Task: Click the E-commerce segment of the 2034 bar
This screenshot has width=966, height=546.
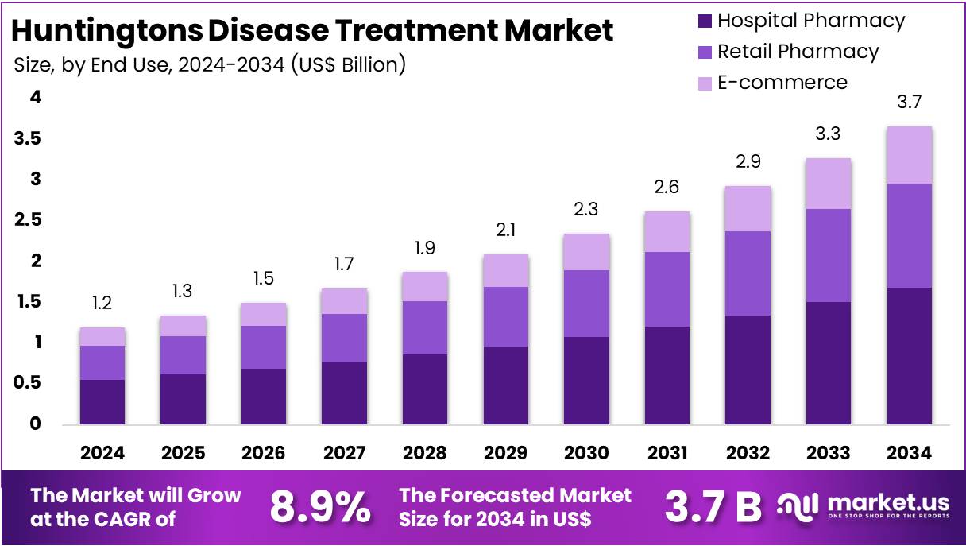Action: click(x=909, y=155)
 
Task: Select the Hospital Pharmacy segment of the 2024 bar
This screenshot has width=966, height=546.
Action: click(x=102, y=401)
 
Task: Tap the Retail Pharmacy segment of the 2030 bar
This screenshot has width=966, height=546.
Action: click(x=586, y=304)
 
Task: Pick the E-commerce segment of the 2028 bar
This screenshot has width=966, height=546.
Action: click(x=424, y=286)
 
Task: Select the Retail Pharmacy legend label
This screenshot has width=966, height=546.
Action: click(x=798, y=52)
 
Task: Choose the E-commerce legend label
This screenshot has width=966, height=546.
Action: click(x=782, y=82)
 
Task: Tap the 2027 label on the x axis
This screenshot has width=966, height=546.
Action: click(x=344, y=453)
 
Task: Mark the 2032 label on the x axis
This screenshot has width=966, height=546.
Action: click(x=748, y=453)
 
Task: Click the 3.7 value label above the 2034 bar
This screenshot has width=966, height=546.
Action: click(x=909, y=102)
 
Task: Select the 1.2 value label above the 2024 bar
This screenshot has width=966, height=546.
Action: click(x=102, y=303)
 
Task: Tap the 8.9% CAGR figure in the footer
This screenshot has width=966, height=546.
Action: click(x=319, y=506)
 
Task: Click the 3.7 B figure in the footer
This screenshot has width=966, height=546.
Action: click(x=713, y=506)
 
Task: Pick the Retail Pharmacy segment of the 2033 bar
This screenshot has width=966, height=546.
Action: click(x=829, y=255)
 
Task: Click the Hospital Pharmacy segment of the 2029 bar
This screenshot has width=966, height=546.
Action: click(x=505, y=385)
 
